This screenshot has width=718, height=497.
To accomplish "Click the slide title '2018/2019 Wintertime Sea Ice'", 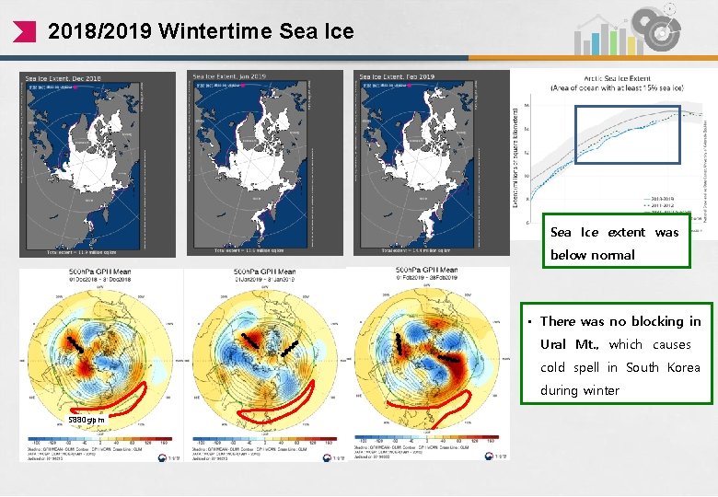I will coord(200,31).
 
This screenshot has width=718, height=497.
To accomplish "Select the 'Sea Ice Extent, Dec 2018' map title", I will coord(62,78).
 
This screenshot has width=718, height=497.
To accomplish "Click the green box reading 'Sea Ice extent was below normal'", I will coord(614,243).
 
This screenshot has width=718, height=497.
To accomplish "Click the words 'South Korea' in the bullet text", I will coord(663,367).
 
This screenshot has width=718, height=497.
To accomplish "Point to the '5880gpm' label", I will coord(88,421).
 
